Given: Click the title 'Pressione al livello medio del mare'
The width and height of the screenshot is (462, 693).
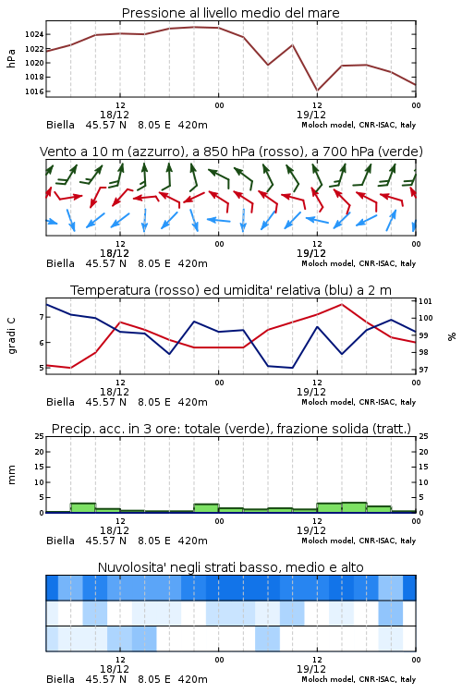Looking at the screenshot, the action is [x=231, y=13].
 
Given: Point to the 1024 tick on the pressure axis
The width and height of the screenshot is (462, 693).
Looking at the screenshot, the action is [x=34, y=34].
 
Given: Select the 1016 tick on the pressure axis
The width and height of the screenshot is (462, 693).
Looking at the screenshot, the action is [x=34, y=91].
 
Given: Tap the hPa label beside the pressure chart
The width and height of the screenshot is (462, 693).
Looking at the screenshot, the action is [x=11, y=58].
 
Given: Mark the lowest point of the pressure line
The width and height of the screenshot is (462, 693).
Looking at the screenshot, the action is [x=317, y=91].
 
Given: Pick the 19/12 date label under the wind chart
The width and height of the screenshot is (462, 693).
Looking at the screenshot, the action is [x=311, y=253].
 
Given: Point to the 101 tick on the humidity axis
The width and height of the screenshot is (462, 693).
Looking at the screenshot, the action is [x=425, y=301].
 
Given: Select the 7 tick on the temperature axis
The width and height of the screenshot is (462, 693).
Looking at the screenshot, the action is [x=42, y=317].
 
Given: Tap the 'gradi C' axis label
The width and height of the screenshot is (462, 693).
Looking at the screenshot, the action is [x=11, y=335].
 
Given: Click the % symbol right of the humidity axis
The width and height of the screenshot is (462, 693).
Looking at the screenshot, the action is [x=452, y=336].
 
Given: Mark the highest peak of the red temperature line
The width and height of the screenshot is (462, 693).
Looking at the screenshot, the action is [x=341, y=304].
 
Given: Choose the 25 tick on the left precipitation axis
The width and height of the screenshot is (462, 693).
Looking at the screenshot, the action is [x=40, y=436].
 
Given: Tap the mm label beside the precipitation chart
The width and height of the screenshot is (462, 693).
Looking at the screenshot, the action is [x=11, y=474].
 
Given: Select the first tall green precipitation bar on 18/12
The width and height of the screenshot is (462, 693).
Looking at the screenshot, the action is [x=83, y=508].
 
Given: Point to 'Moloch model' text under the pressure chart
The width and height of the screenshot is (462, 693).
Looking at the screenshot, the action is [x=328, y=125].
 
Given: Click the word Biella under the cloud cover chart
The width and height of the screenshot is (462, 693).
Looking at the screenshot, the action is [x=61, y=679].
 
